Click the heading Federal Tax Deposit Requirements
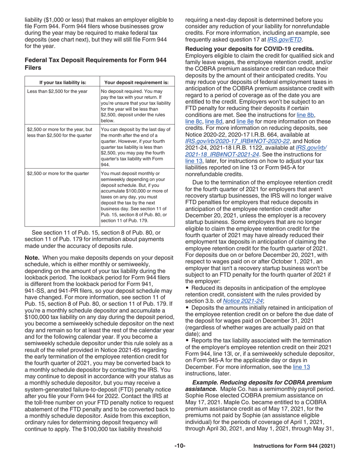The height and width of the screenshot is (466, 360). tap(95, 64)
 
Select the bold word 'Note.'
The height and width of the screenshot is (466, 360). tap(32, 258)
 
